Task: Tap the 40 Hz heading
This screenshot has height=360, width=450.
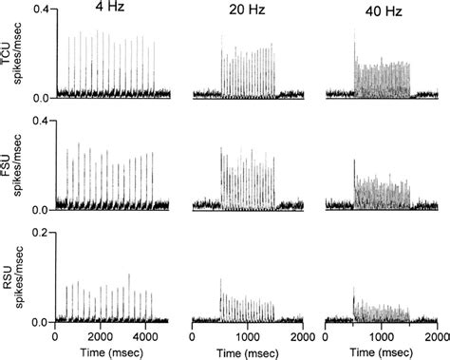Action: pos(381,12)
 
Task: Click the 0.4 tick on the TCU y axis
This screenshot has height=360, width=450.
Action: pos(40,8)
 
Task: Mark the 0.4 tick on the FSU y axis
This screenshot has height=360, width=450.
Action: pos(40,121)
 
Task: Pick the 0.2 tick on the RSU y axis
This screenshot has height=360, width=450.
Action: pos(40,233)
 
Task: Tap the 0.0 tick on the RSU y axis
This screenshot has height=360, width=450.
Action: pos(40,322)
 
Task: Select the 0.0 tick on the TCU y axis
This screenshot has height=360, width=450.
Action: pos(40,98)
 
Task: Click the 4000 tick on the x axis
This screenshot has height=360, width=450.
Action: pos(142,336)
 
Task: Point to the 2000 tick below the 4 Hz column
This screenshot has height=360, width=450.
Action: pos(99,336)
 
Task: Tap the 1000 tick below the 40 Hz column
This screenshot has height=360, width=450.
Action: pos(382,336)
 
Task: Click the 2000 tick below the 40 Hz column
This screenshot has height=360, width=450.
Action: pos(436,336)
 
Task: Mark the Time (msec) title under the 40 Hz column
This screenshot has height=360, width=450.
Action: pos(382,351)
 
